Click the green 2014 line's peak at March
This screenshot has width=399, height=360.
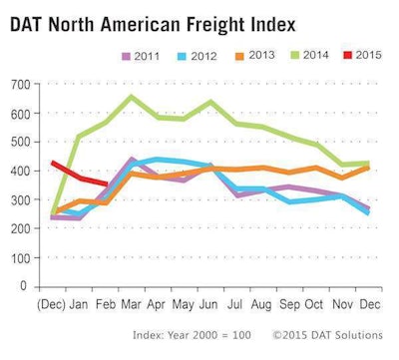click(131, 97)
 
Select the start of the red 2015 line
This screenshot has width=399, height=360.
click(53, 162)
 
